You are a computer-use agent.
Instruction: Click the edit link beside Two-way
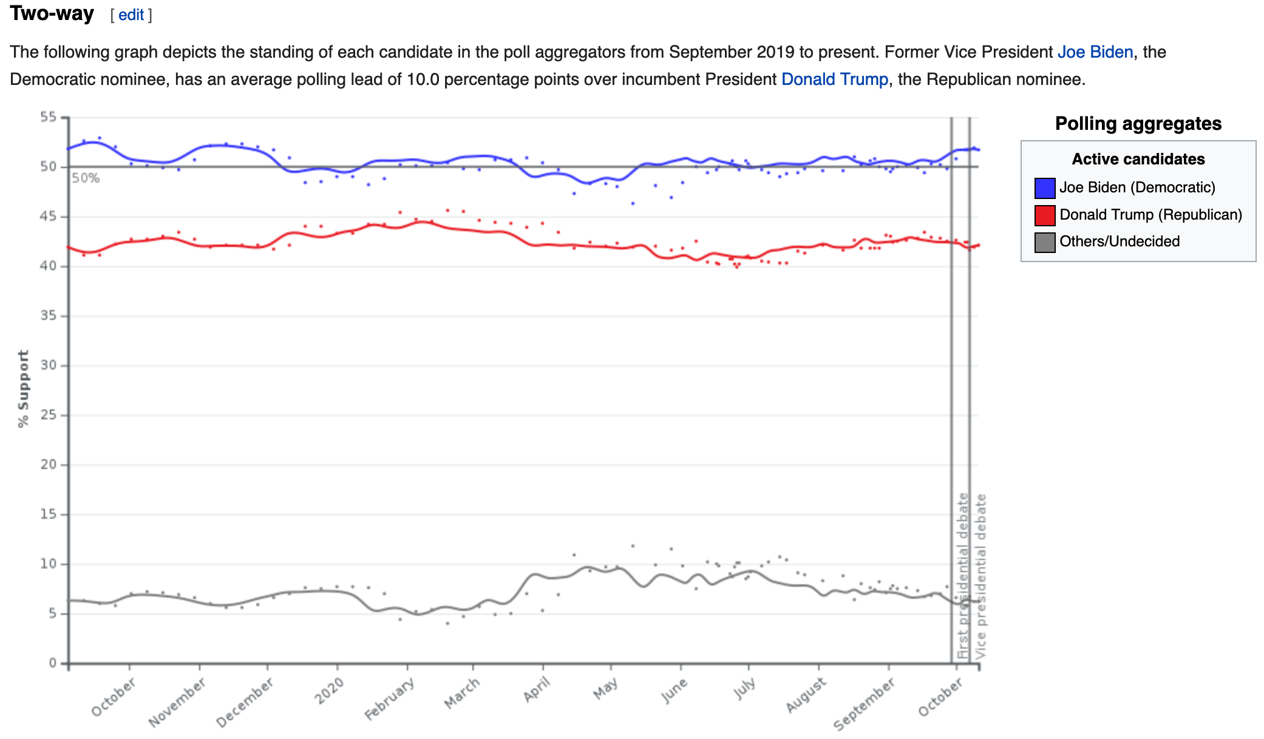131,15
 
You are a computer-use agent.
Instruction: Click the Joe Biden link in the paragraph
1095,52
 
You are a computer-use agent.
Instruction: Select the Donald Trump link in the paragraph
834,79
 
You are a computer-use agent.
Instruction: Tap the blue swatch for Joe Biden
1044,188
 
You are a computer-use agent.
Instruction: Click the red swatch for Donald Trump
1044,215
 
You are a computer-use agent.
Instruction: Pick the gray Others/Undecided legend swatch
1044,242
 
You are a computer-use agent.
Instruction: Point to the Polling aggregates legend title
1138,124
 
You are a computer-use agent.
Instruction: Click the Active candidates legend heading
1138,159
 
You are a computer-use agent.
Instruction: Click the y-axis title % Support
23,389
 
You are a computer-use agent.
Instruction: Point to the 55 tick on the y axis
49,116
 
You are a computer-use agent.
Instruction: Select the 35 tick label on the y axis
49,316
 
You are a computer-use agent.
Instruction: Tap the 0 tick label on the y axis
53,663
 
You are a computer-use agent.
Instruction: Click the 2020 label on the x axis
329,690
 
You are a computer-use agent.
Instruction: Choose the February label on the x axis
389,699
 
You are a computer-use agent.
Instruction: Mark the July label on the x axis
744,689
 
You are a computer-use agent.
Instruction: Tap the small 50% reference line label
86,178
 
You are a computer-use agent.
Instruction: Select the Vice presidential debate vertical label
980,576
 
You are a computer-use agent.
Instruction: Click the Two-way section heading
52,13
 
